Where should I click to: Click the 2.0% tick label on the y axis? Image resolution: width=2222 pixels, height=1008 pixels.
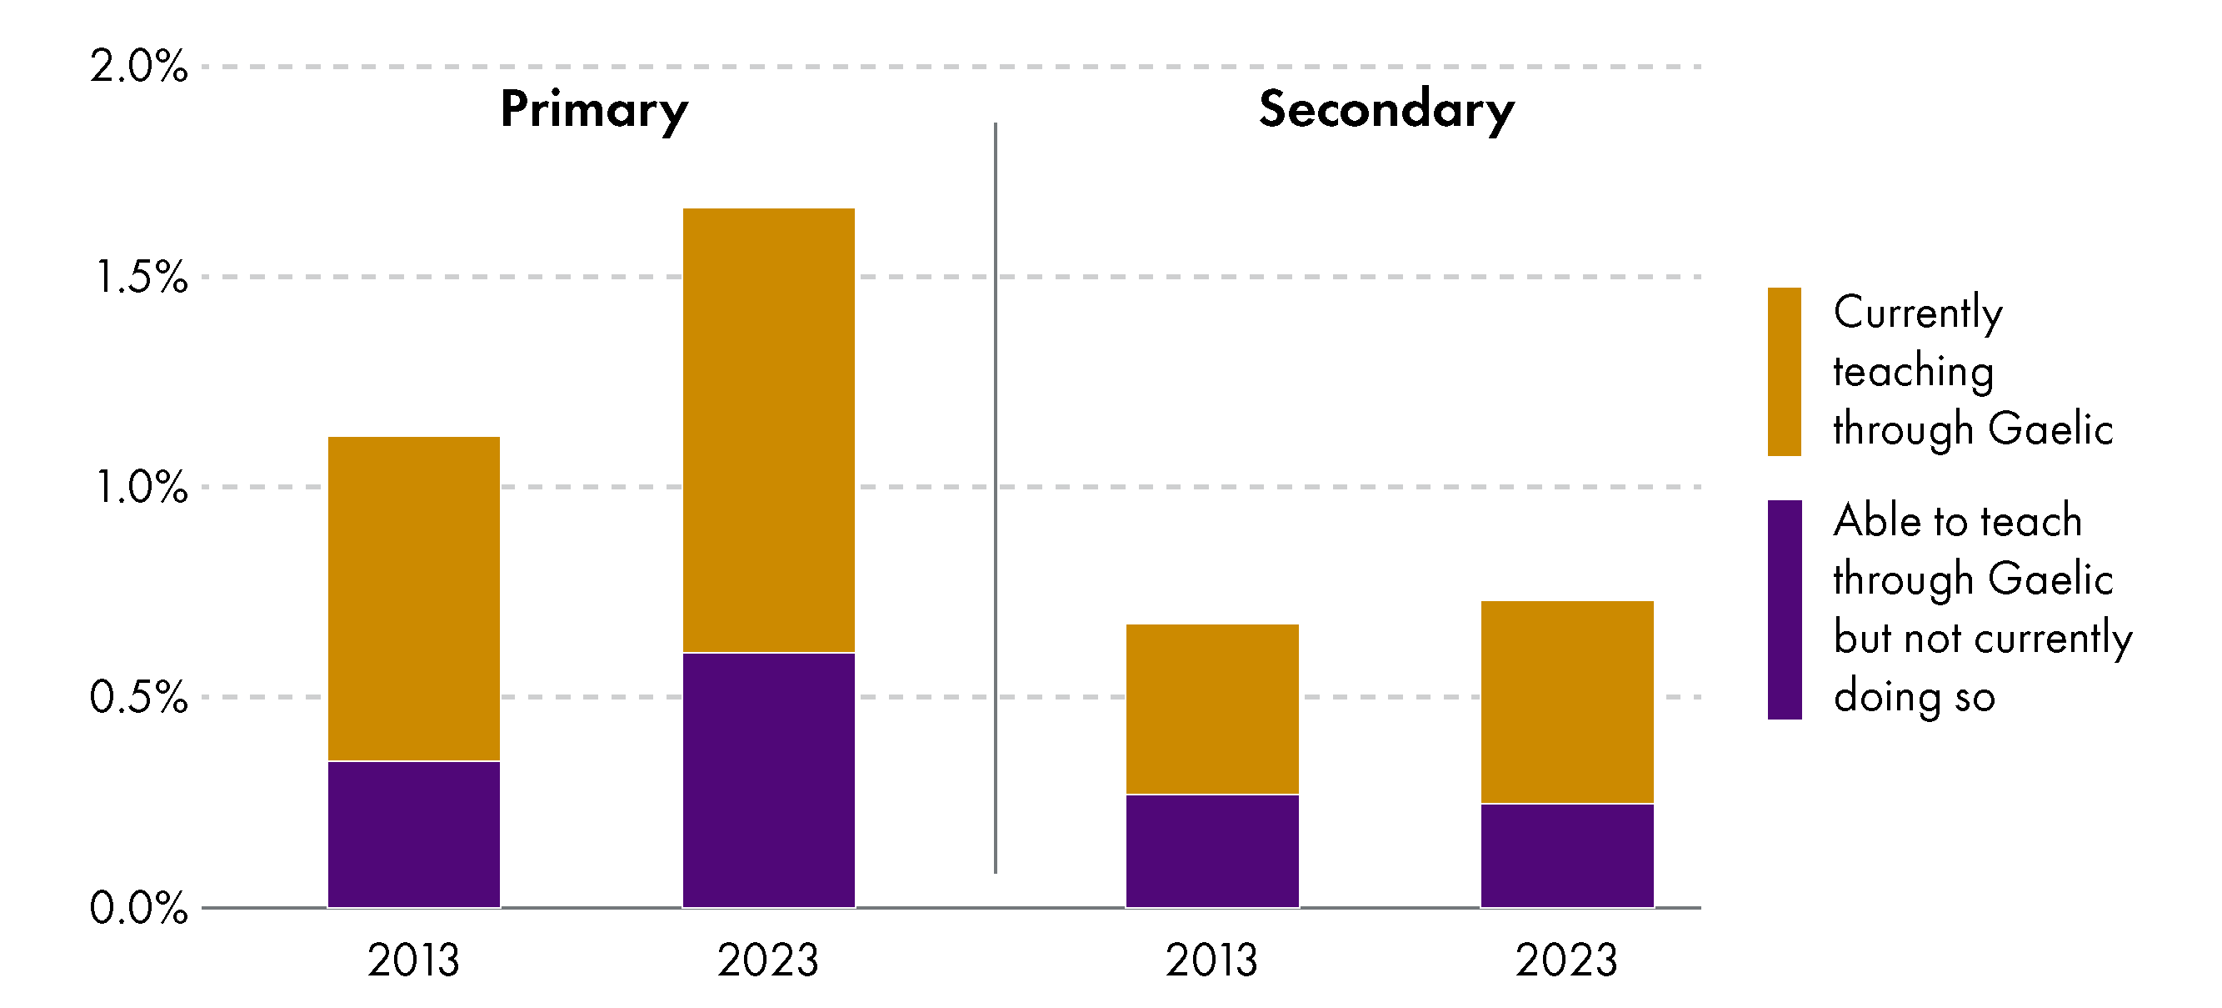138,67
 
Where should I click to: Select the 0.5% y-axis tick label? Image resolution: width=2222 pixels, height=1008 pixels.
138,696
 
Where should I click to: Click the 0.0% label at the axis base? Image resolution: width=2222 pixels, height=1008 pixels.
138,908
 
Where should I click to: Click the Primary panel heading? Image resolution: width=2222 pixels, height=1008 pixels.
593,110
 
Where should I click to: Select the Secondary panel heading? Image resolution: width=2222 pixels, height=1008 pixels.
1386,109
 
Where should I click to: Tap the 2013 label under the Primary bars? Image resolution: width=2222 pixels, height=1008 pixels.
413,960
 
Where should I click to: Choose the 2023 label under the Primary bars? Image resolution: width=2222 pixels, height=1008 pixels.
767,960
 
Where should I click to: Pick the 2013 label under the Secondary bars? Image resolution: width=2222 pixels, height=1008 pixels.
1211,960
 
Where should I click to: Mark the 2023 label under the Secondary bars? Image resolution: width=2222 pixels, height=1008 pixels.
1566,960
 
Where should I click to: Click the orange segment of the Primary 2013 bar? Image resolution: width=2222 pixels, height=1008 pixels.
414,598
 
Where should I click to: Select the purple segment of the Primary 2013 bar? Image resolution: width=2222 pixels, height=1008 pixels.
414,834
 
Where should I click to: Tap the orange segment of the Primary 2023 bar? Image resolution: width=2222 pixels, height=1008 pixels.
768,429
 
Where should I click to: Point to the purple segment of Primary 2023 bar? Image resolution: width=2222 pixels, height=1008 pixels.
768,780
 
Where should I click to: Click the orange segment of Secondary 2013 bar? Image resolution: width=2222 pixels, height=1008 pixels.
1212,709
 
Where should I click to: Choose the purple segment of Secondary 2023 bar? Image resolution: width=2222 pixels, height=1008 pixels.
1567,855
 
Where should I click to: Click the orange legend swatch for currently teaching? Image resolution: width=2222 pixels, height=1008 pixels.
1784,371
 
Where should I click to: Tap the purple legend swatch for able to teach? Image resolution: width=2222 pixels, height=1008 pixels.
1784,609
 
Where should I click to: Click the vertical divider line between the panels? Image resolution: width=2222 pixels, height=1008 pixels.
996,498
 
